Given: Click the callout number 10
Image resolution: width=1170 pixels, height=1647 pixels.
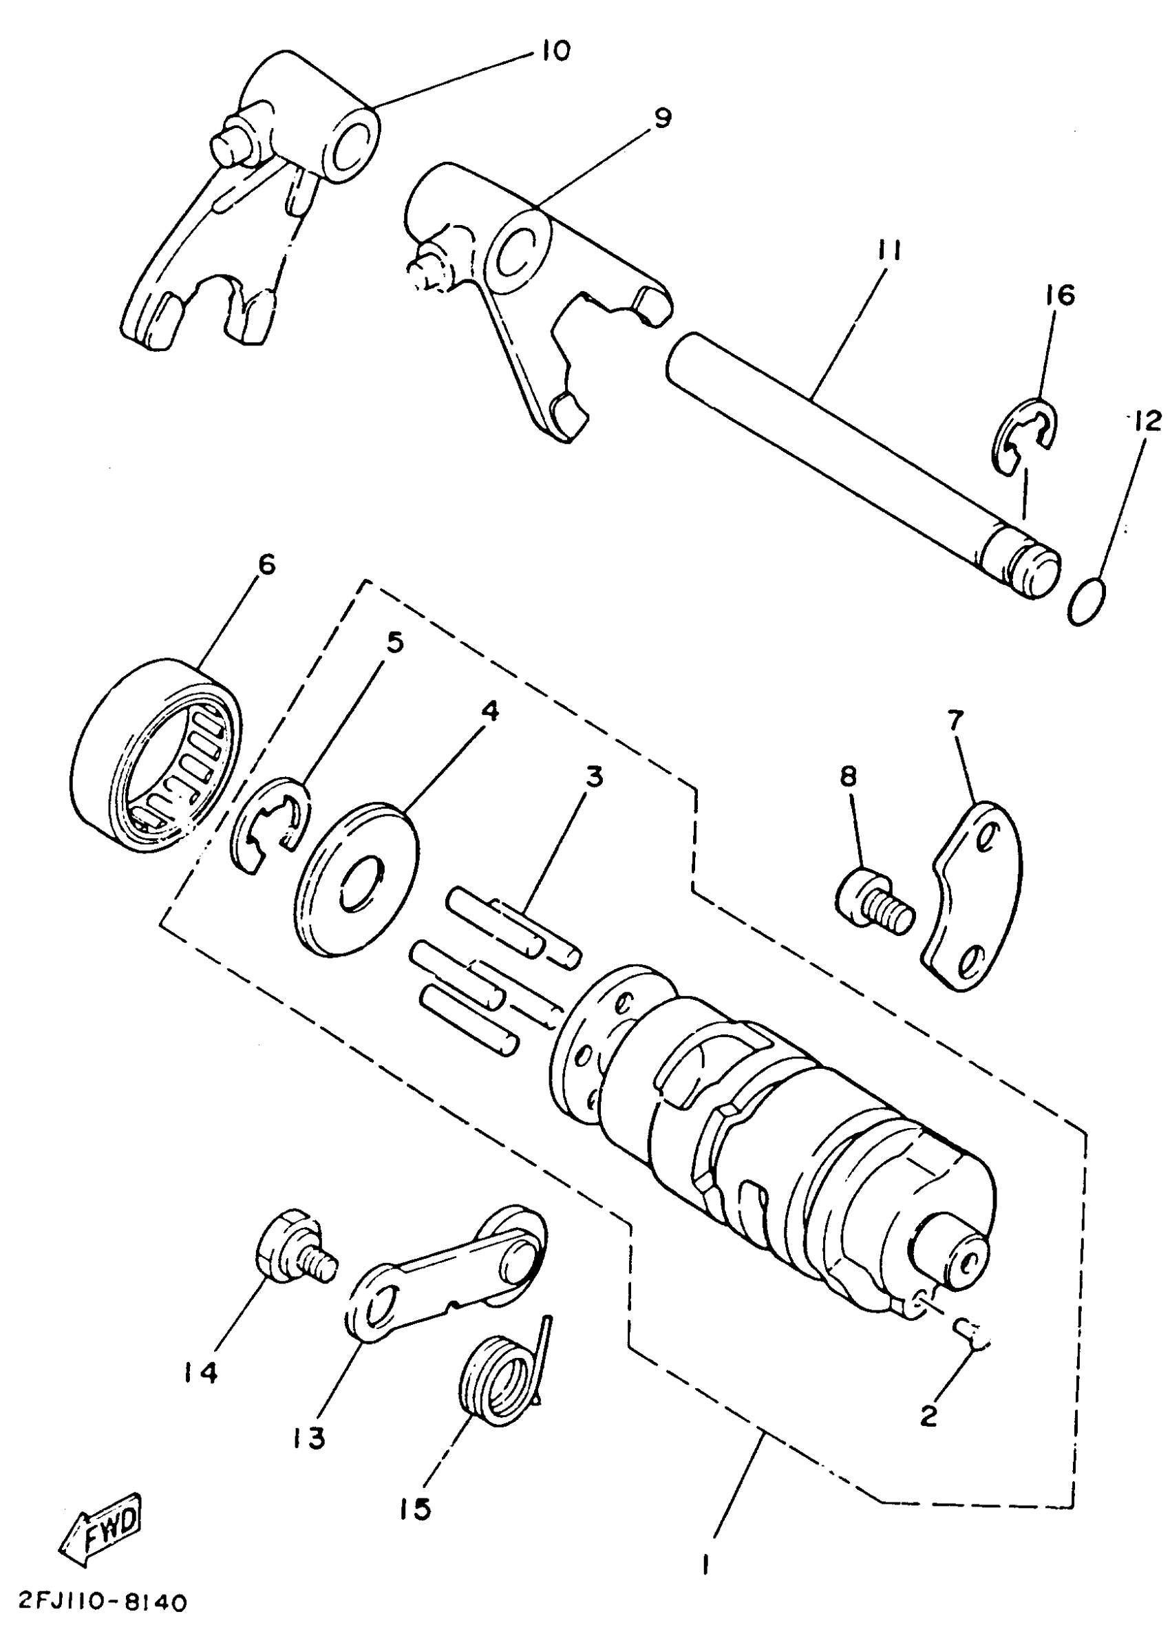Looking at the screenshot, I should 552,50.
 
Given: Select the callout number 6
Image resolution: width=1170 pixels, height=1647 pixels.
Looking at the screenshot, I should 266,564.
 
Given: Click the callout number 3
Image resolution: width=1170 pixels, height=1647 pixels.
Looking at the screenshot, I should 594,778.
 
